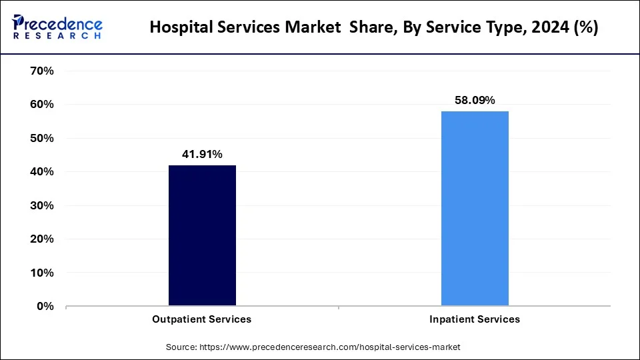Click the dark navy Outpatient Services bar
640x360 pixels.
[202, 236]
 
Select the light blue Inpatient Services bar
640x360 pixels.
[475, 209]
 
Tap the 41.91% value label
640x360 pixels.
[202, 154]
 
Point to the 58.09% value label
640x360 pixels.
[475, 101]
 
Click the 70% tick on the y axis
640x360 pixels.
[42, 71]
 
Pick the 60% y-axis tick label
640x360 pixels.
[42, 105]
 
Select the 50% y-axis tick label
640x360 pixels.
[42, 138]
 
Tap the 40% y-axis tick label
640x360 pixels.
[42, 172]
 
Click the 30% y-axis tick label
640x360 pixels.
[42, 205]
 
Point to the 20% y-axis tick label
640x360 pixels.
[42, 239]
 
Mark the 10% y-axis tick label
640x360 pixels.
[42, 273]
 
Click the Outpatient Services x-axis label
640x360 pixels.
[202, 319]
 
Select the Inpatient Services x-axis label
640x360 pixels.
[475, 319]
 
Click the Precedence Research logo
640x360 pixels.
[57, 27]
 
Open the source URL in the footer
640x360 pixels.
[329, 347]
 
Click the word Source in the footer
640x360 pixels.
[181, 347]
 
